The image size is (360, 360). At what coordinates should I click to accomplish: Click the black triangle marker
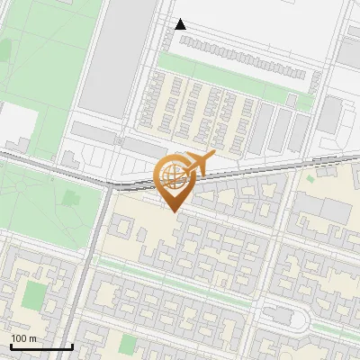click(181, 24)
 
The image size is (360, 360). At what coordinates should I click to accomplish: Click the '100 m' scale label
click(23, 338)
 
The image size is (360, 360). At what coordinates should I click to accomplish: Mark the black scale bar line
click(41, 346)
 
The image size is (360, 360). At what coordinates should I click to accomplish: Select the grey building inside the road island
click(281, 317)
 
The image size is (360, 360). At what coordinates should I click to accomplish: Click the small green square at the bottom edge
click(128, 343)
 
